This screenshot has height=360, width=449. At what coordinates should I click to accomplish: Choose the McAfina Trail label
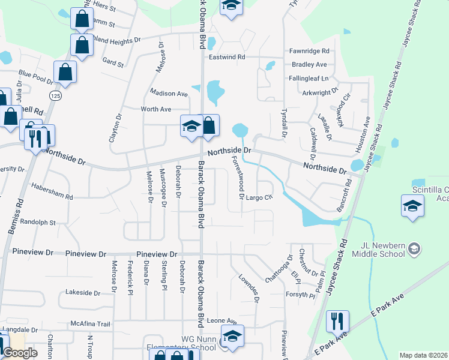click(x=91, y=324)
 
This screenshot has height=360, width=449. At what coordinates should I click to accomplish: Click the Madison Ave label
click(x=169, y=94)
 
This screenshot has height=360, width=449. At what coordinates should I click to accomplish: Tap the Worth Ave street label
click(x=155, y=109)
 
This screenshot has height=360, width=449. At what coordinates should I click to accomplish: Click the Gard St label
click(x=113, y=62)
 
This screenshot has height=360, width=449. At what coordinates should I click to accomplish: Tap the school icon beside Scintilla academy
click(x=412, y=206)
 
